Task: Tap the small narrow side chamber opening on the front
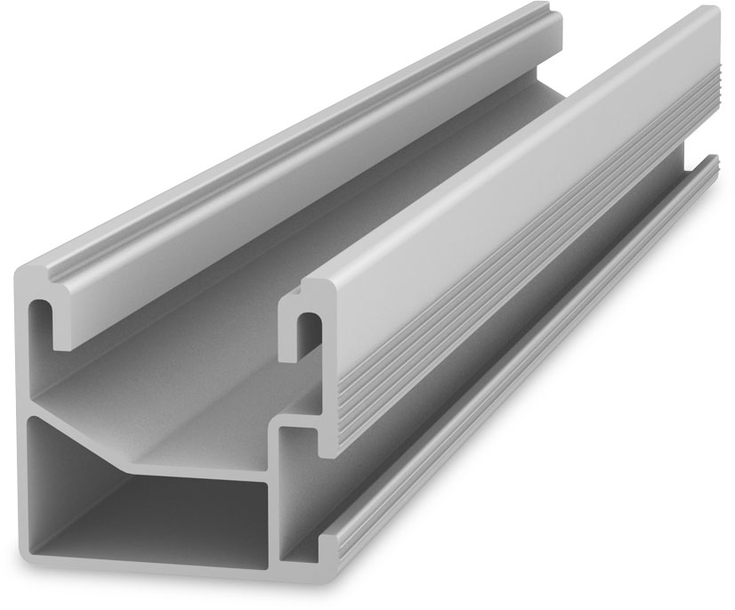pyautogui.click(x=298, y=481)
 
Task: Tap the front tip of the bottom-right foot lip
pyautogui.click(x=327, y=548)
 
